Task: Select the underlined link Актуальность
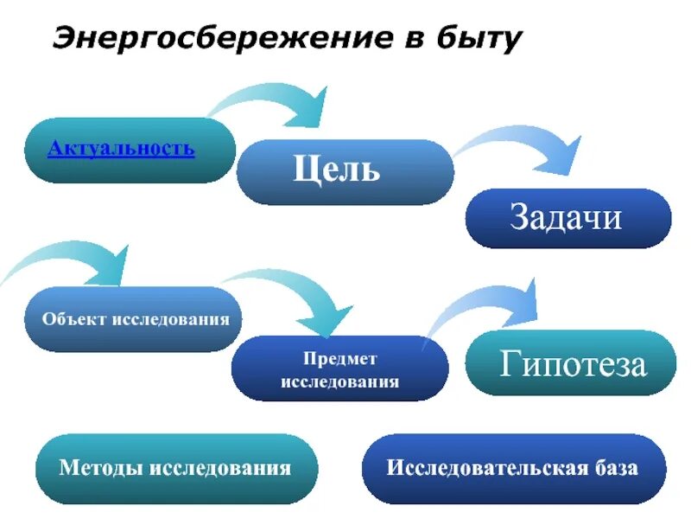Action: click(x=122, y=148)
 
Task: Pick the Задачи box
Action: click(x=567, y=218)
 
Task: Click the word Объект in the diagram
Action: click(x=74, y=319)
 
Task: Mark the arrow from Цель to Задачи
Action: click(x=527, y=147)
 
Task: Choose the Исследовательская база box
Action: click(x=513, y=469)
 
